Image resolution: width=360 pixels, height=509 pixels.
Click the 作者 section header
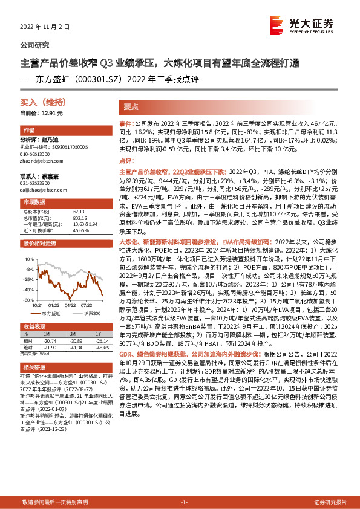[28, 131]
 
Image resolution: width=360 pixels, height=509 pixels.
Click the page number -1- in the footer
[184, 502]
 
